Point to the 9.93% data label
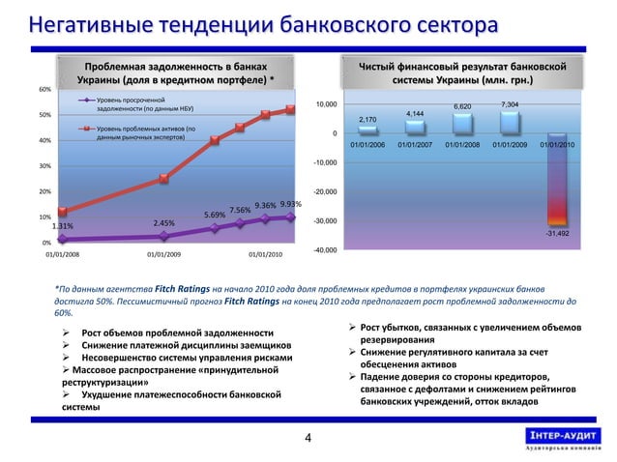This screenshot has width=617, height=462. [x=291, y=204]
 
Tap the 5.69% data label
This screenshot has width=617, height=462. [x=215, y=215]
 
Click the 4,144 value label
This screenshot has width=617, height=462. [x=415, y=114]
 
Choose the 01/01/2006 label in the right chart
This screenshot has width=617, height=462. [x=367, y=145]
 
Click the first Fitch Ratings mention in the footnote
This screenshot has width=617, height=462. [x=169, y=288]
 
